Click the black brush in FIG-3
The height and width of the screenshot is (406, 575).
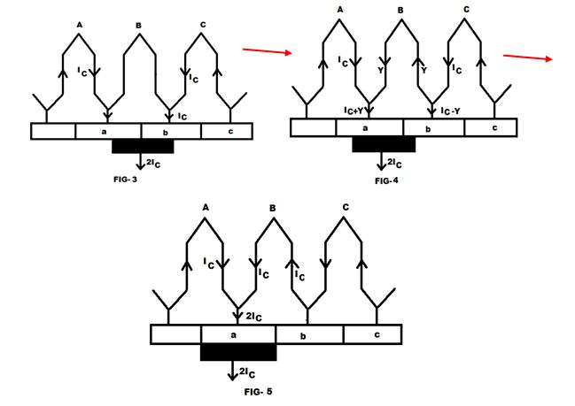coord(143,146)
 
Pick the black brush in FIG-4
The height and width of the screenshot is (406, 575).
coord(383,144)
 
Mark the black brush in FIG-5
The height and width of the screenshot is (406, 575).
coord(238,352)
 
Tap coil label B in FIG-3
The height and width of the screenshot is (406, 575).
coord(138,26)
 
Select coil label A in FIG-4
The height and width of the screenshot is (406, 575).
coord(340,10)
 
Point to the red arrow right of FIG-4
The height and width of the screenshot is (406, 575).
coord(530,57)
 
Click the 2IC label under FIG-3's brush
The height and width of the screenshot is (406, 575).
coord(157,163)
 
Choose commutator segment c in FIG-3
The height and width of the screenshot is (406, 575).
coord(228,131)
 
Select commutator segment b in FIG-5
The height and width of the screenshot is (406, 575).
coord(308,334)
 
